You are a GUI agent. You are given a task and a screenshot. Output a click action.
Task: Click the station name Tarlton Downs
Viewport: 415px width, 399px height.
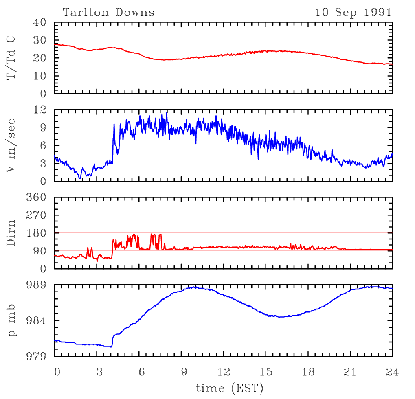[x=108, y=12]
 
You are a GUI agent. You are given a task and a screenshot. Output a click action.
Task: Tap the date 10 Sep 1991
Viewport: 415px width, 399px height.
[x=353, y=12]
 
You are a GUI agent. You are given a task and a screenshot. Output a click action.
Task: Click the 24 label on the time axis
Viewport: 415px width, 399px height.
[x=392, y=372]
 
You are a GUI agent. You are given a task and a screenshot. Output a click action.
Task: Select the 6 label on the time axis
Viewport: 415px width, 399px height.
[x=142, y=372]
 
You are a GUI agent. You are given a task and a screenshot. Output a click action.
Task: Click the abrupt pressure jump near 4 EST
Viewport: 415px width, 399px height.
[x=112, y=340]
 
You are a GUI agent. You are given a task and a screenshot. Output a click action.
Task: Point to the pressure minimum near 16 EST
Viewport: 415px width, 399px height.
[x=280, y=317]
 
